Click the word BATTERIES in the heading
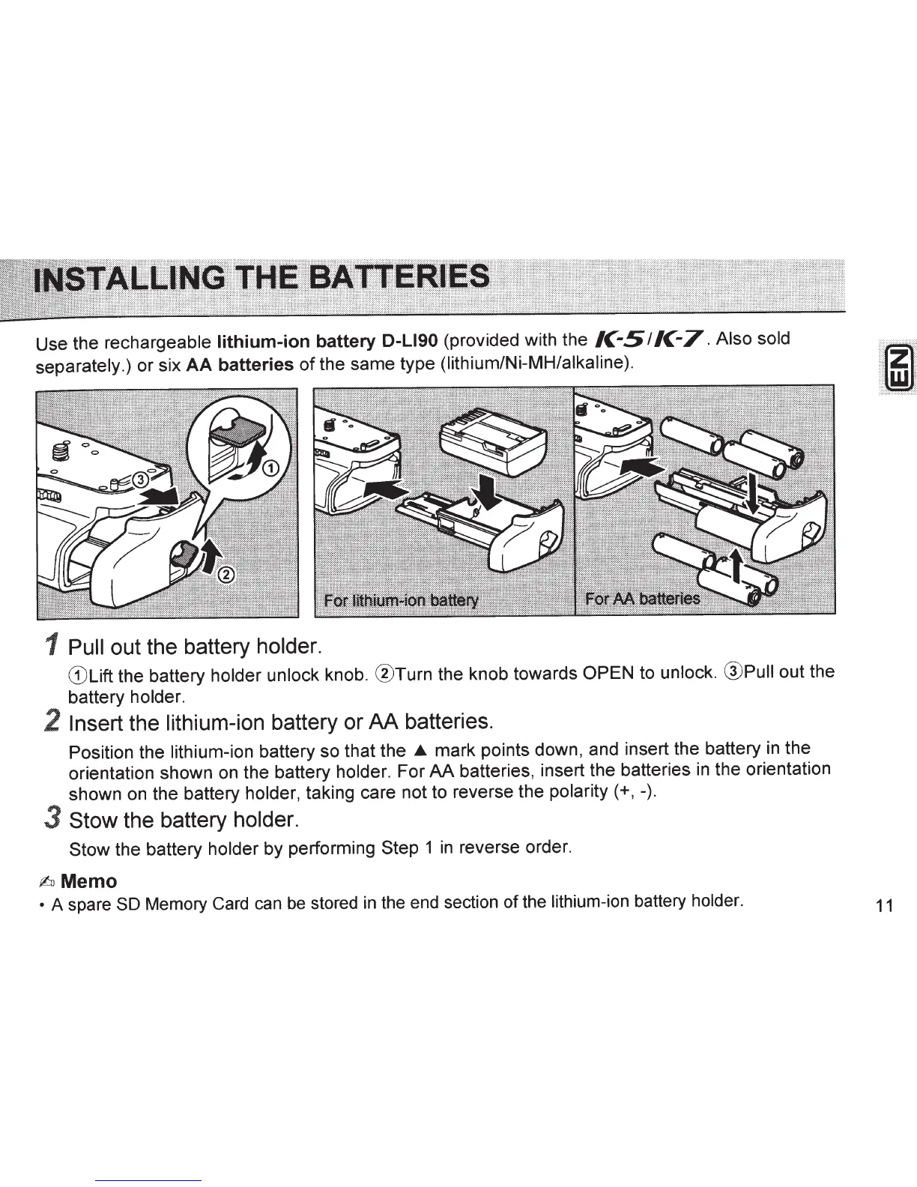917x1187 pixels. click(398, 277)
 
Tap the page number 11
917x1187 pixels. click(884, 906)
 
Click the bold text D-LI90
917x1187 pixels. click(410, 341)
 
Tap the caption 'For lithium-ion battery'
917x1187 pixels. click(401, 601)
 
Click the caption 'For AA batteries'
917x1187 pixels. click(642, 599)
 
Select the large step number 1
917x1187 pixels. click(52, 645)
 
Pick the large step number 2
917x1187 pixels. click(52, 721)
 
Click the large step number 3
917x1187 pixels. click(52, 818)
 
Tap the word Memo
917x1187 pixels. click(88, 881)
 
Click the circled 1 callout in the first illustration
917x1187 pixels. click(271, 468)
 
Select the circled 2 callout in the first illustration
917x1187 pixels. click(227, 576)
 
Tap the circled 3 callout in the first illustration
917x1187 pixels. click(140, 480)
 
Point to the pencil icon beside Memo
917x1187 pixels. click(47, 882)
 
